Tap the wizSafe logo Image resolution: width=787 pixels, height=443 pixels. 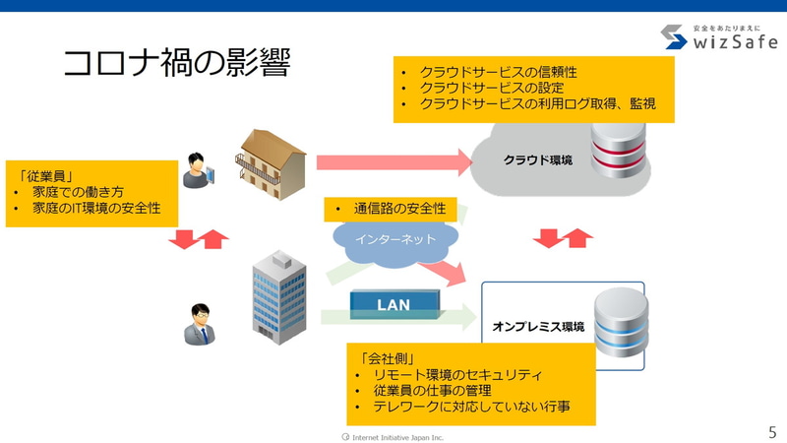coord(717,36)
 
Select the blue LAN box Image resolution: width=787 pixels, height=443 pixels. coord(393,304)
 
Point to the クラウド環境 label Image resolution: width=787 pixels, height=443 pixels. coord(537,159)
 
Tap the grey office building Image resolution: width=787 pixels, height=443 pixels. coord(280,298)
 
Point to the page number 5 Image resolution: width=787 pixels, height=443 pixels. coord(771,431)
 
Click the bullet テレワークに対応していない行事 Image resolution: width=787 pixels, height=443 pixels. coord(471,406)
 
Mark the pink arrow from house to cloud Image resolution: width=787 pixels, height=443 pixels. coord(393,159)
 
